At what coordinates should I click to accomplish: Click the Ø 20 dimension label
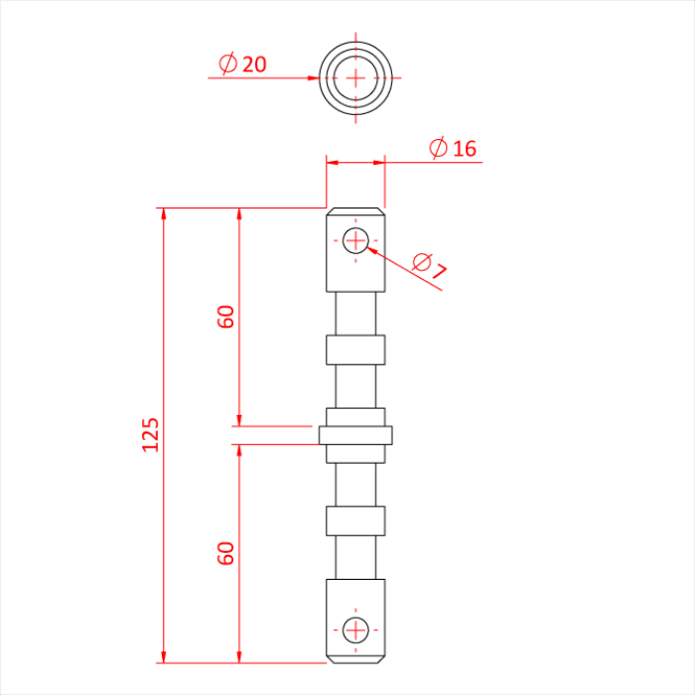tap(242, 64)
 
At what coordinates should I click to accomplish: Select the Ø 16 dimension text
tap(453, 149)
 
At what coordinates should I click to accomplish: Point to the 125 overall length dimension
tap(151, 435)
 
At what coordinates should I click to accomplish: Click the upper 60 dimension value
tap(226, 317)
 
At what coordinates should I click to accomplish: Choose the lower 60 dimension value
tap(226, 553)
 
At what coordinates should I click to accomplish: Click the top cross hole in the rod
tap(355, 239)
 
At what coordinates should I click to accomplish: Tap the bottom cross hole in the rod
tap(355, 628)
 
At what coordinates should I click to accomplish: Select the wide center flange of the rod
tap(355, 435)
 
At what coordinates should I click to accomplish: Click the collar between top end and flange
tap(355, 349)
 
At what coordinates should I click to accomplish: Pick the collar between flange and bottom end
tap(355, 520)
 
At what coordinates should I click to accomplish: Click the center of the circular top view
tap(355, 77)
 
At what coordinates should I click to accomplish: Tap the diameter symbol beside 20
tap(227, 64)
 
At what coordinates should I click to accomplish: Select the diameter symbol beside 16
tap(438, 149)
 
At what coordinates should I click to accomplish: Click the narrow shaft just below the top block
tap(355, 313)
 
